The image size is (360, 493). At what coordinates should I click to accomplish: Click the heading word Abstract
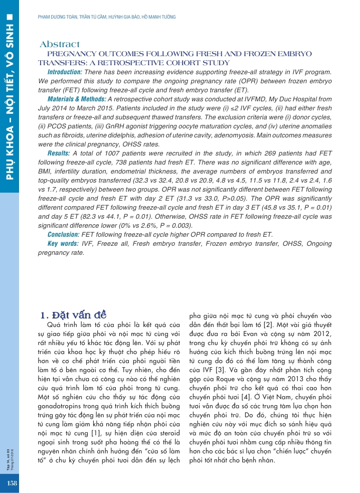pyautogui.click(x=60, y=45)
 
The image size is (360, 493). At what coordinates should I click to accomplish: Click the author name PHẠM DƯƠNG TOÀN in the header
pyautogui.click(x=57, y=18)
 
